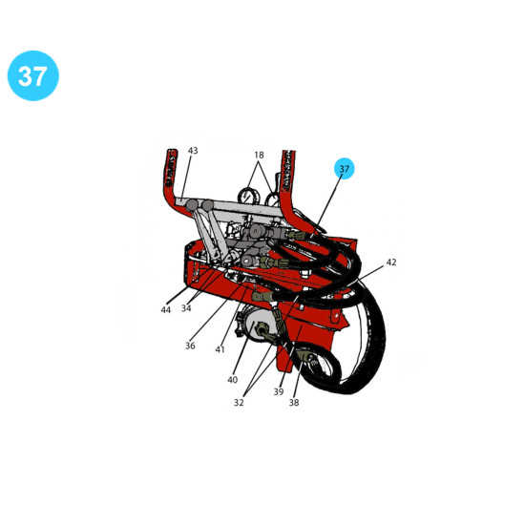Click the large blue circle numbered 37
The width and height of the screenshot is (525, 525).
point(33,75)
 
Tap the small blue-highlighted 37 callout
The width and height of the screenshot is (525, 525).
point(345,168)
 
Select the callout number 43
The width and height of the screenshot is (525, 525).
point(193,151)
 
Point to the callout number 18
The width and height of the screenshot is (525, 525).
point(259,155)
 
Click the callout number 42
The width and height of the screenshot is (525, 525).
point(391,262)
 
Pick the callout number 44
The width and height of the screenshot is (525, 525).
point(166,310)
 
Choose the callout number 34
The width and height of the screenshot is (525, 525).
point(186,308)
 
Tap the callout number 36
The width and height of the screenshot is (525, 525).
point(190,346)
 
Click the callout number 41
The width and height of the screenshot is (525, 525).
point(220,349)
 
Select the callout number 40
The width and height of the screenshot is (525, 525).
point(232,380)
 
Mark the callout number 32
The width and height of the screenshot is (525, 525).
point(239,403)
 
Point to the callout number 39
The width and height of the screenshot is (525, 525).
point(279,391)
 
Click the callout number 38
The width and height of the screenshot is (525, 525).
point(294,403)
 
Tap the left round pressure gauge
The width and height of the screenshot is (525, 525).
point(247,195)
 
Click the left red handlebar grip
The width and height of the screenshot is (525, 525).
point(171,167)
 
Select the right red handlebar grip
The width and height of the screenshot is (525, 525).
point(288,171)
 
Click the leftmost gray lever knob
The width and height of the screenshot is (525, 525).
point(192,205)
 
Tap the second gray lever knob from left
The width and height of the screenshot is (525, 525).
point(207,205)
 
